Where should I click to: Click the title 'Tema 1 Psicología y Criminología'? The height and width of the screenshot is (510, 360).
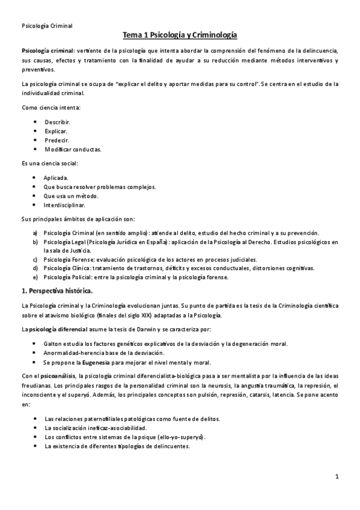pyautogui.click(x=180, y=36)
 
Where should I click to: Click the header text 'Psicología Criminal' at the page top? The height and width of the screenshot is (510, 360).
pyautogui.click(x=47, y=26)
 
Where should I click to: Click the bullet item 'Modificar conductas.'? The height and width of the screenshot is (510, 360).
pyautogui.click(x=73, y=149)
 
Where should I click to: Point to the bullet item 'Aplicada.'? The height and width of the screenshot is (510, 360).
pyautogui.click(x=56, y=177)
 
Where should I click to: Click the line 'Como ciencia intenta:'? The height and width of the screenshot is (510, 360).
pyautogui.click(x=50, y=107)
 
